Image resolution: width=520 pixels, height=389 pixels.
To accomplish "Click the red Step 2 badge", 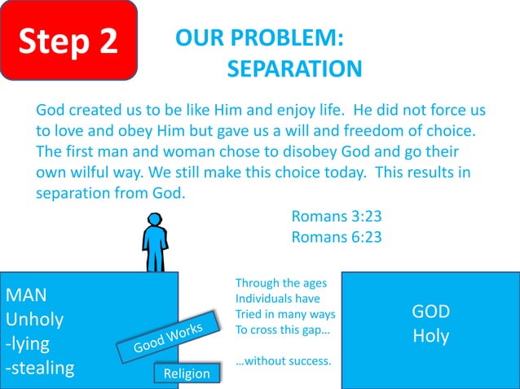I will coord(68,41).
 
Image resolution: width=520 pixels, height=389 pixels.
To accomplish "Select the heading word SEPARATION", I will coord(294,69).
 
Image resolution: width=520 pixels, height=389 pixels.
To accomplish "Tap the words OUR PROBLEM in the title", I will coord(259,38).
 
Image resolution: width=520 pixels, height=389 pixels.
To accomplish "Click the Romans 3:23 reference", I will coord(336,216).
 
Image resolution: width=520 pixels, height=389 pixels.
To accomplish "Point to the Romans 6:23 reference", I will coord(336,237).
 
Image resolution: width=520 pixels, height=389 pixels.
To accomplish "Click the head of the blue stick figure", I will coord(154,220).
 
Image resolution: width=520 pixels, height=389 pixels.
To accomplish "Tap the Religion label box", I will coord(187,374).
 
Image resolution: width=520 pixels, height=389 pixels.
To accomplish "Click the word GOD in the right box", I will coord(430,312).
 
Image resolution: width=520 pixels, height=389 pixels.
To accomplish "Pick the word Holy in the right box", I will coord(430,335).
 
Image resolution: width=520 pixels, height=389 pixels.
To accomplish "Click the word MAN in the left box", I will coord(27,294).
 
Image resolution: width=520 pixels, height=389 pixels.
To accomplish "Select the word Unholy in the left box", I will coord(34,318).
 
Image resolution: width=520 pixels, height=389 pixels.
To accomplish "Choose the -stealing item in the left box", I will coord(40,368).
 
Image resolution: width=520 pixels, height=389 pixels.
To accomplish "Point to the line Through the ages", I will coord(281,283).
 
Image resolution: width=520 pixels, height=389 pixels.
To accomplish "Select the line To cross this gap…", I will coord(282,330).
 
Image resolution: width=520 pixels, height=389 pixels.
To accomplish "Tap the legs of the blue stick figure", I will coord(154,260).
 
